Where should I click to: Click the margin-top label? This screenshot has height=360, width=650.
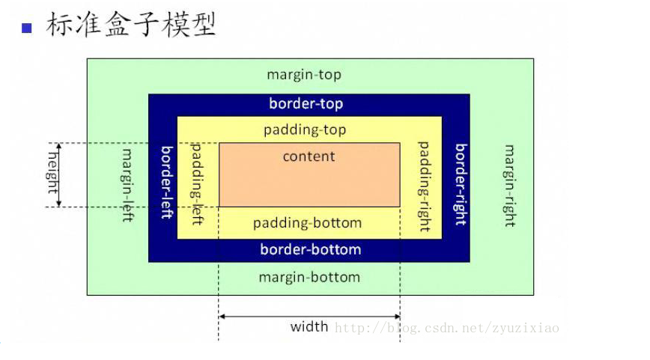pos(304,76)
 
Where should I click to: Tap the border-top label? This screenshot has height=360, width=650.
pos(306,104)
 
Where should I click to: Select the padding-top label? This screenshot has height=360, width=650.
pos(305,130)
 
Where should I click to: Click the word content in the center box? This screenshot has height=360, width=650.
pos(309,156)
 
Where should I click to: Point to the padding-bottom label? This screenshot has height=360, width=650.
pos(307,223)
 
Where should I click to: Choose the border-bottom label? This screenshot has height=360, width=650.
pos(310,249)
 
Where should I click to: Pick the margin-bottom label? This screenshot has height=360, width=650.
pos(309,278)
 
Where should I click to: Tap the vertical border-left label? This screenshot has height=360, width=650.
pos(166,182)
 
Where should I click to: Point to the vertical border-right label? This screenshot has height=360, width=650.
pos(461,184)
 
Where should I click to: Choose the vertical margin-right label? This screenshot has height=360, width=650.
pos(509,186)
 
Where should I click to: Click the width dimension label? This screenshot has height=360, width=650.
pos(309,326)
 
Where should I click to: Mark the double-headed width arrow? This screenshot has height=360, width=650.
pos(309,316)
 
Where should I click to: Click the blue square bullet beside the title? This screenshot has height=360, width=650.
pos(27,28)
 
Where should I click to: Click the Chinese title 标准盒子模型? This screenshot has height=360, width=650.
pos(131,25)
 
